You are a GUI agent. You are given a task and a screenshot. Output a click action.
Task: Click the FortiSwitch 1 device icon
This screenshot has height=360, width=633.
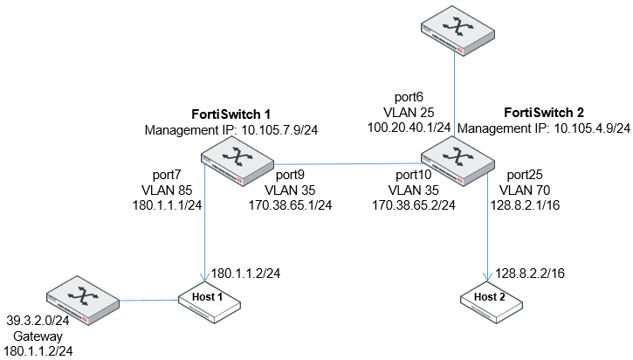[234, 157]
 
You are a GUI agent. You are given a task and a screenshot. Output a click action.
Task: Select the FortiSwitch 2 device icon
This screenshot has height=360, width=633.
[454, 158]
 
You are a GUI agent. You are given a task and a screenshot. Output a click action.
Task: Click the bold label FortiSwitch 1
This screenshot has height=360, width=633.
[231, 114]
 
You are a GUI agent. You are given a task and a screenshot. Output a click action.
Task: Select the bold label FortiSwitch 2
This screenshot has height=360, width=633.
[545, 113]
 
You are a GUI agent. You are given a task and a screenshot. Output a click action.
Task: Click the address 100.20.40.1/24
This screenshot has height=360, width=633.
[409, 127]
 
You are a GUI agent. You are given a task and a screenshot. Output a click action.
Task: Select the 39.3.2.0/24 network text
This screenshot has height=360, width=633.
[38, 321]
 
